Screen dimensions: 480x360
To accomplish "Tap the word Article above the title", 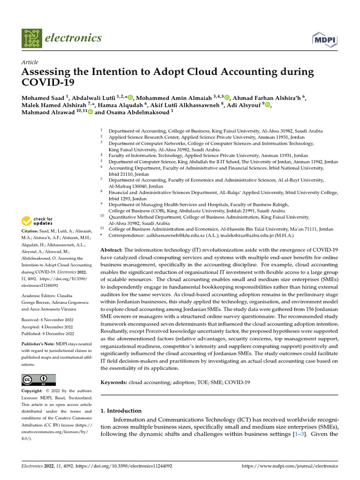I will coord(30,62).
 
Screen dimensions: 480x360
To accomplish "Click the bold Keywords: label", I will coord(114,382).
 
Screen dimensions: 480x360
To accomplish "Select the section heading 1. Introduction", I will coord(121,411).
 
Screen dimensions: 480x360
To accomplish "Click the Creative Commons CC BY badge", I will coord(38,379).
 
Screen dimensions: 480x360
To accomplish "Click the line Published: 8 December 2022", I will coord(48,334).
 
